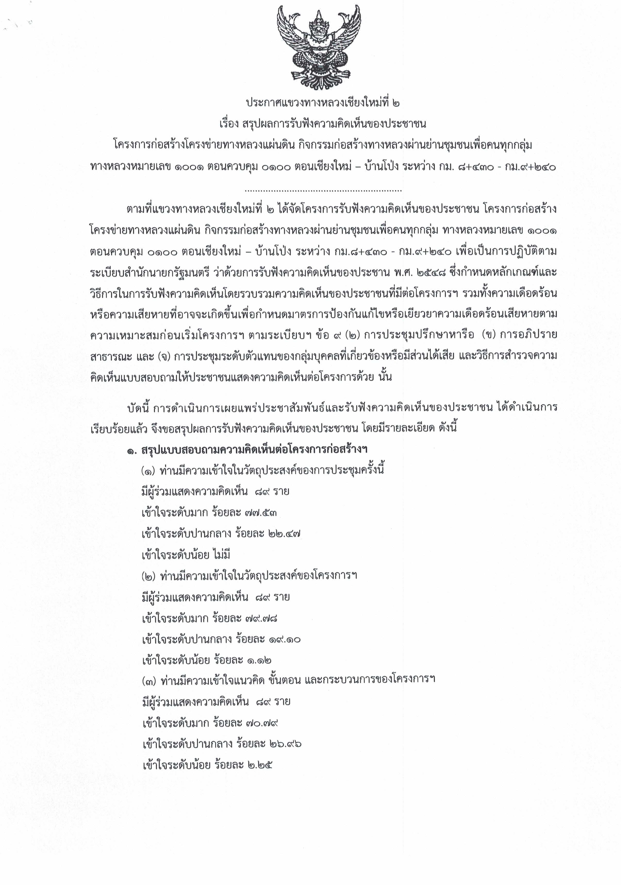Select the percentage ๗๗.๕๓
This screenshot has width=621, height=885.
[261, 513]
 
